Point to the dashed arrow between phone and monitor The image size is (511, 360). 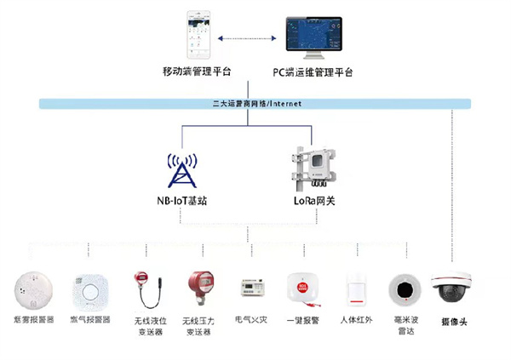pos(247,38)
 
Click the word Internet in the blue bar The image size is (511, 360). pos(284,104)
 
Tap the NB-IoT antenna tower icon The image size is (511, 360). pos(181,170)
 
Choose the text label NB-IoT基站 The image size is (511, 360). pos(181,201)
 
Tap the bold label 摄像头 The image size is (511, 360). pos(452,322)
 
